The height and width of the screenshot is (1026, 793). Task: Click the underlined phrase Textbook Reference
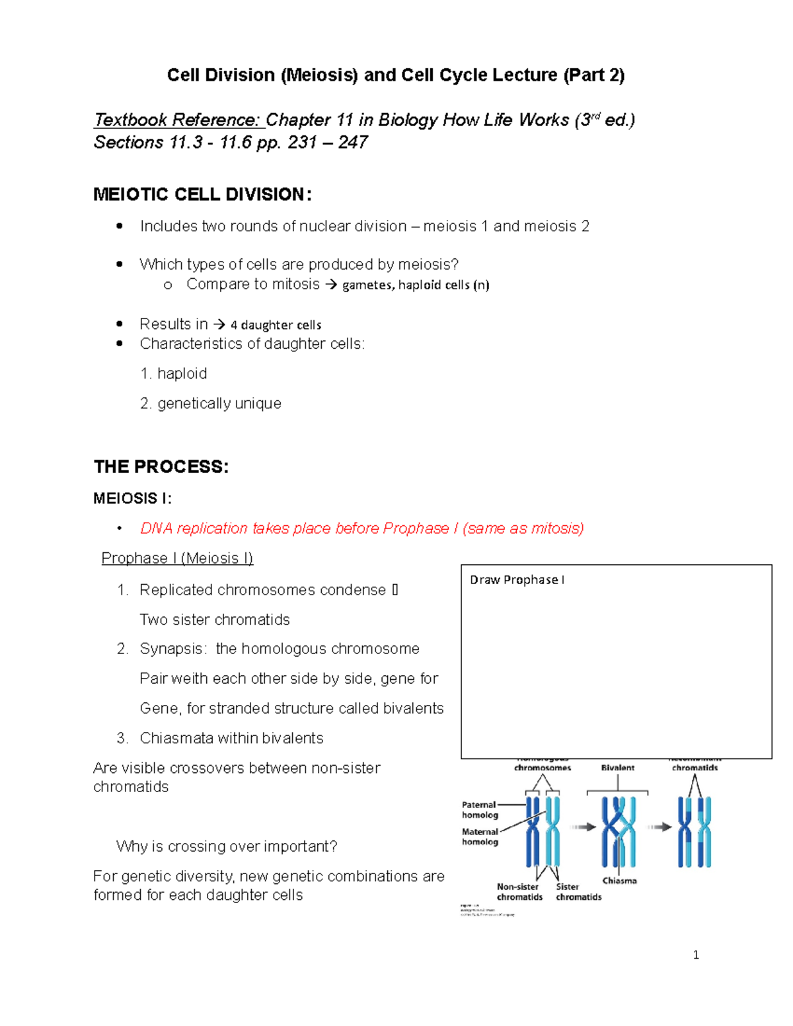tap(177, 120)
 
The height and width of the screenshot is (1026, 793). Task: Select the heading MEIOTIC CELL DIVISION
tap(202, 194)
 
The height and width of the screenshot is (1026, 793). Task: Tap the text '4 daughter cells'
tap(276, 325)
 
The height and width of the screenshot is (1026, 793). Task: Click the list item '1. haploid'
tap(174, 374)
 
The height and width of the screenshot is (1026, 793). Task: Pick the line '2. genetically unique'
tap(211, 404)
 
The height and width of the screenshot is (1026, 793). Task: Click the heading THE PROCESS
tap(161, 467)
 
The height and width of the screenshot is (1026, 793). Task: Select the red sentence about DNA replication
tap(361, 529)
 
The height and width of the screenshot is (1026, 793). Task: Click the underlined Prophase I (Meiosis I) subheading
tap(177, 558)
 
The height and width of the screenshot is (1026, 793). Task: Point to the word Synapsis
tap(173, 649)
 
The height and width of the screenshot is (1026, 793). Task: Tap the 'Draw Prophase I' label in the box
tap(517, 580)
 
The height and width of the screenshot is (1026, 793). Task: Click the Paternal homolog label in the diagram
tap(479, 810)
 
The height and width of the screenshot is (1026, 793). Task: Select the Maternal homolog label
tap(480, 837)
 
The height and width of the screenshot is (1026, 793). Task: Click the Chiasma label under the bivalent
tap(619, 881)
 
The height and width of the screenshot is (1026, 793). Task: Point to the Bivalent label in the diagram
tap(617, 768)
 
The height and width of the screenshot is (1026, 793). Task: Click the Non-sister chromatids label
tap(519, 892)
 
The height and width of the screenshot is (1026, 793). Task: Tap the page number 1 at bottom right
tap(696, 955)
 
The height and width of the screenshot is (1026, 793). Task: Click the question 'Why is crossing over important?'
tap(227, 847)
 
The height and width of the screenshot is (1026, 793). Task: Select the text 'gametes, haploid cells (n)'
tap(416, 285)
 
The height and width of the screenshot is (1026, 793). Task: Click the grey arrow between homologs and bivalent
tap(584, 826)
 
